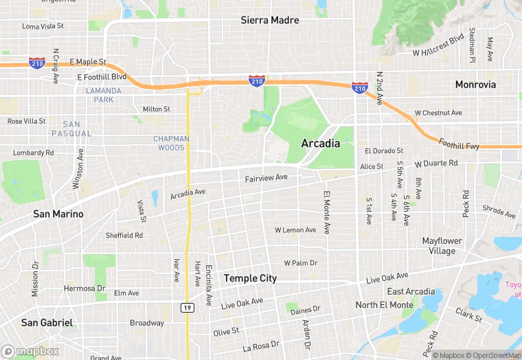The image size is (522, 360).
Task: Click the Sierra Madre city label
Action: pyautogui.click(x=269, y=21)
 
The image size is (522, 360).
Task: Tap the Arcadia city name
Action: pyautogui.click(x=320, y=144)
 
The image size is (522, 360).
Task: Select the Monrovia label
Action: pyautogui.click(x=475, y=85)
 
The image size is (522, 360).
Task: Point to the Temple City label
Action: pyautogui.click(x=250, y=278)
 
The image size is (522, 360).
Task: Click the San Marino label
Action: pyautogui.click(x=58, y=214)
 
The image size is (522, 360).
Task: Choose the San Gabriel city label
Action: pyautogui.click(x=47, y=322)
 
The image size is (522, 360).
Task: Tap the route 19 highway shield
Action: pyautogui.click(x=188, y=308)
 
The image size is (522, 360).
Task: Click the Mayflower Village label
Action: pyautogui.click(x=442, y=246)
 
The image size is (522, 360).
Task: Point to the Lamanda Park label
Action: pyautogui.click(x=104, y=95)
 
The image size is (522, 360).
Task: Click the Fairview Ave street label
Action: pyautogui.click(x=266, y=179)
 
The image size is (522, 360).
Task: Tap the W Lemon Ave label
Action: pyautogui.click(x=295, y=230)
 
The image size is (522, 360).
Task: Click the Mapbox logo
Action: pyautogui.click(x=30, y=351)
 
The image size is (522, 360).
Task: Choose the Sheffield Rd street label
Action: pyautogui.click(x=124, y=235)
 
